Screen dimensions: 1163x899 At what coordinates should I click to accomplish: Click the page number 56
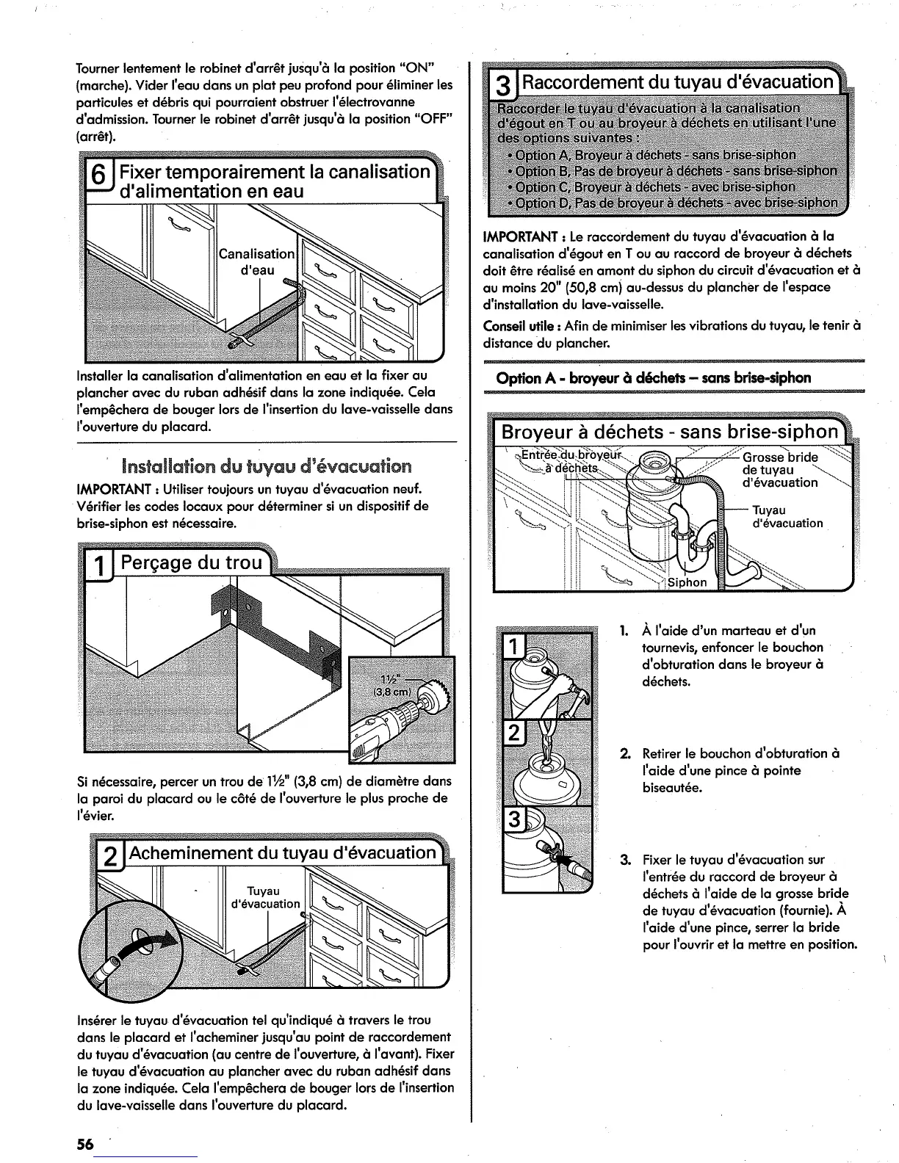pos(85,1145)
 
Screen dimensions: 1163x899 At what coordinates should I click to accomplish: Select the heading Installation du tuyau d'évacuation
pos(267,466)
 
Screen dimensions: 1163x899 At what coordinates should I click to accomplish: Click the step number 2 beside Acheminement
pos(109,857)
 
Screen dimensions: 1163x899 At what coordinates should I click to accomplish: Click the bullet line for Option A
pos(651,155)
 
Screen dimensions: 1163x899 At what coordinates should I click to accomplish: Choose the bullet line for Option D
pos(672,203)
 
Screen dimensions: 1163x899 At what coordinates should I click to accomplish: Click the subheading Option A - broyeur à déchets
pos(654,378)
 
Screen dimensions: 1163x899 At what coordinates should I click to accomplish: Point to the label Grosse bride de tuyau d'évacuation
pos(779,470)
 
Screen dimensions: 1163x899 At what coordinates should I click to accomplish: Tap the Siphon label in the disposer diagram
pos(687,582)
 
